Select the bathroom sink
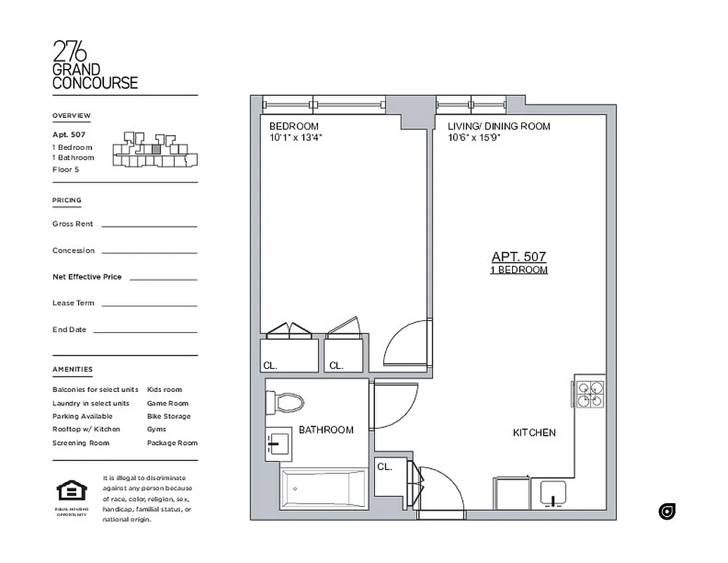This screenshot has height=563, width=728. pyautogui.click(x=278, y=444)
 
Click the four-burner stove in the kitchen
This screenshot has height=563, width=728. pyautogui.click(x=590, y=395)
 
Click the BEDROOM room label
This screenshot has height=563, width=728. pyautogui.click(x=294, y=126)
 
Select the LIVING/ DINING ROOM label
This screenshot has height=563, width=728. pyautogui.click(x=499, y=126)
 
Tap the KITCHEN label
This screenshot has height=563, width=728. pyautogui.click(x=534, y=433)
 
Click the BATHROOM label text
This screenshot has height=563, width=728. pyautogui.click(x=326, y=429)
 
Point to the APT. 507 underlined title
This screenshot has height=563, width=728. pyautogui.click(x=518, y=258)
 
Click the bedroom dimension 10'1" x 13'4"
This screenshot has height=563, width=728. pyautogui.click(x=295, y=137)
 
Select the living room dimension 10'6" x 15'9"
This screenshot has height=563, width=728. pyautogui.click(x=473, y=137)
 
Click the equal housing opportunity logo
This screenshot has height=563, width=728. pyautogui.click(x=71, y=491)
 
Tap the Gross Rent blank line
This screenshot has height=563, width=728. pyautogui.click(x=149, y=226)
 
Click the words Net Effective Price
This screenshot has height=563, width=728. pyautogui.click(x=87, y=277)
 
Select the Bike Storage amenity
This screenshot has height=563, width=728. pyautogui.click(x=168, y=416)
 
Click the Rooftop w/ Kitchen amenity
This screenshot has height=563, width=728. pyautogui.click(x=86, y=429)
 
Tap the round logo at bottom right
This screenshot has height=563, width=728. pyautogui.click(x=667, y=512)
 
